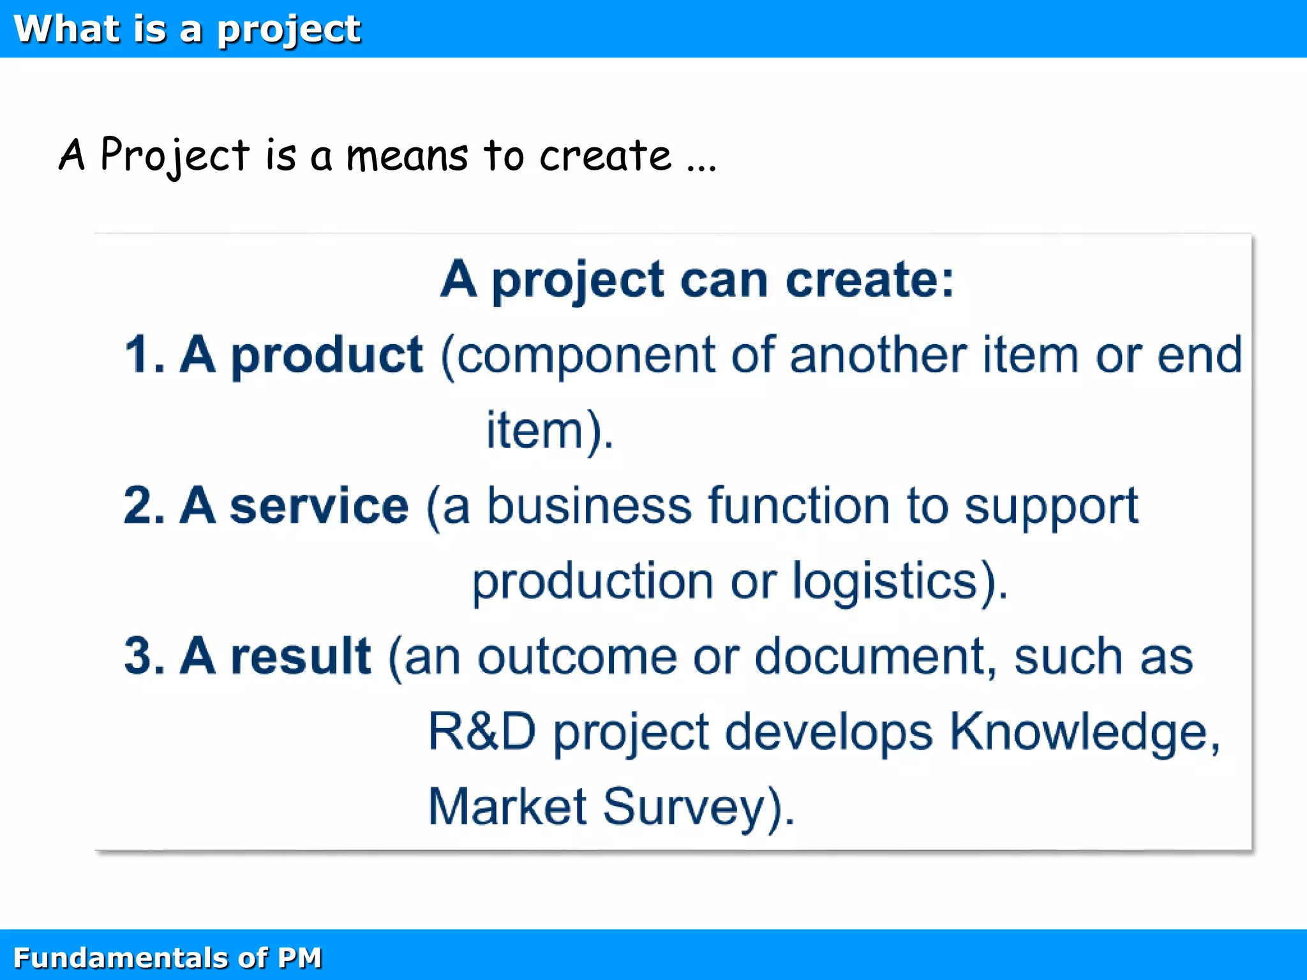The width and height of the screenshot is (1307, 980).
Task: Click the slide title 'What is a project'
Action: pyautogui.click(x=187, y=29)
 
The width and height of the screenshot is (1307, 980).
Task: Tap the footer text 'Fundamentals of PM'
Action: pyautogui.click(x=167, y=958)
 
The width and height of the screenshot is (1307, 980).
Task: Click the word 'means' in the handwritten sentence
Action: pyautogui.click(x=407, y=156)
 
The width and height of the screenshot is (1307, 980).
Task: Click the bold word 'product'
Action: pyautogui.click(x=326, y=355)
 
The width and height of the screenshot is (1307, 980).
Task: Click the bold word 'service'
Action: pyautogui.click(x=319, y=505)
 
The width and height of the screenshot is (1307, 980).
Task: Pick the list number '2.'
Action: pyautogui.click(x=144, y=505)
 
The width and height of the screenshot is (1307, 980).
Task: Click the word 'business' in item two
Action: pyautogui.click(x=589, y=505)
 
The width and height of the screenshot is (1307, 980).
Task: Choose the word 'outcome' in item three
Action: pyautogui.click(x=576, y=657)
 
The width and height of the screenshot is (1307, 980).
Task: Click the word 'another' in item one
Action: pyautogui.click(x=878, y=355)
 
